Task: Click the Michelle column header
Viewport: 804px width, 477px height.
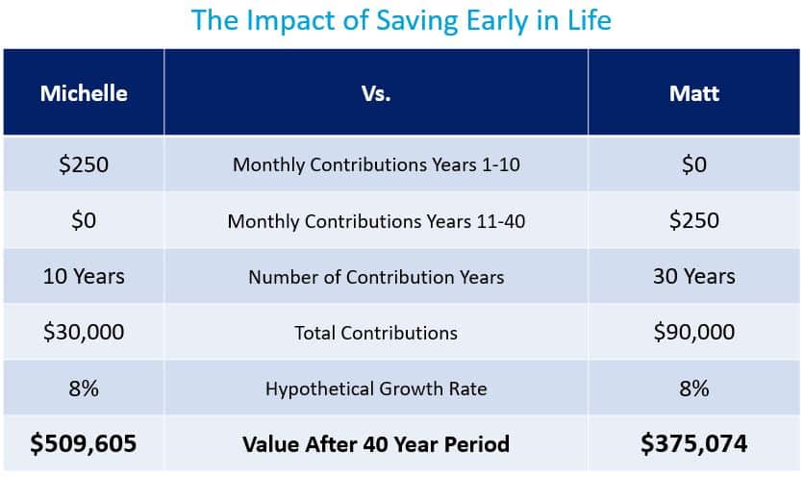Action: point(84,93)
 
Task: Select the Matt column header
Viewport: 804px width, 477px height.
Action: point(693,93)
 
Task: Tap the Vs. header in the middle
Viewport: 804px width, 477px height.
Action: point(376,93)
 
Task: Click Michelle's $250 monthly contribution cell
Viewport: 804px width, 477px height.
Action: point(84,164)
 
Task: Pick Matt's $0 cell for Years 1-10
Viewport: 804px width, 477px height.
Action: point(693,164)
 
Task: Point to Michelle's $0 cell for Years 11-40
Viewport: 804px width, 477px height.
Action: point(84,220)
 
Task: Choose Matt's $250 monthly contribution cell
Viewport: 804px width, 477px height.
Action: point(693,220)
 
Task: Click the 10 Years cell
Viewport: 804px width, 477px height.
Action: point(84,276)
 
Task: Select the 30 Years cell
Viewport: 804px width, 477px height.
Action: point(693,276)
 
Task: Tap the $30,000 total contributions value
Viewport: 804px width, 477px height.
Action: point(84,332)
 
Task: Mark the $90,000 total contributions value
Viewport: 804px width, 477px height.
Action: point(693,332)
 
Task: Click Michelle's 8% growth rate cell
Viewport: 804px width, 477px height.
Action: point(84,389)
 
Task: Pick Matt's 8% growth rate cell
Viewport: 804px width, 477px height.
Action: point(693,389)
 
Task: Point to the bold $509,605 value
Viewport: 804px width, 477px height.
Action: point(84,443)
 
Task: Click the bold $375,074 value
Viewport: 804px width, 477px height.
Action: point(693,443)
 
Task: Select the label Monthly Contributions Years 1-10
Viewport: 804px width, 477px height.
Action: point(376,164)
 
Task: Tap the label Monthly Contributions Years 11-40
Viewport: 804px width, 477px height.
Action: point(376,221)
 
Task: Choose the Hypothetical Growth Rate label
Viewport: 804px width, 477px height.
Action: point(376,389)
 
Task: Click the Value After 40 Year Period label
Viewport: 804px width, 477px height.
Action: point(376,444)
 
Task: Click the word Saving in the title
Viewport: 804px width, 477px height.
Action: point(416,20)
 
